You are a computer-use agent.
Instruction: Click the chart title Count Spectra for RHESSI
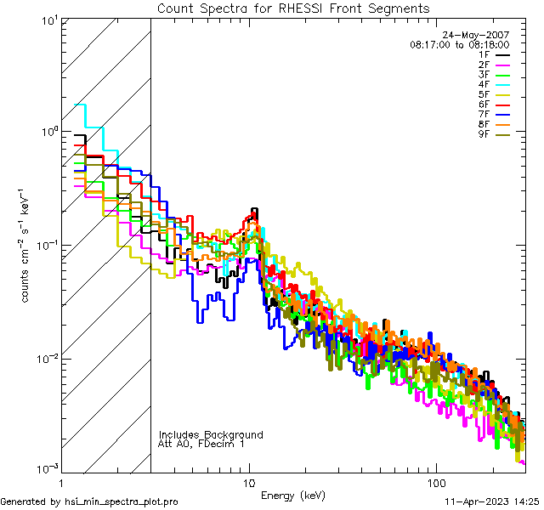tap(293, 8)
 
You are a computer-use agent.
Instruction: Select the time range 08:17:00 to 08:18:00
tap(459, 44)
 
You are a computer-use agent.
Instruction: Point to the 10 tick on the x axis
tap(248, 481)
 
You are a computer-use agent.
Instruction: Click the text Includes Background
tap(211, 434)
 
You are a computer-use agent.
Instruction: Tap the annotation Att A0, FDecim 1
tap(201, 444)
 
